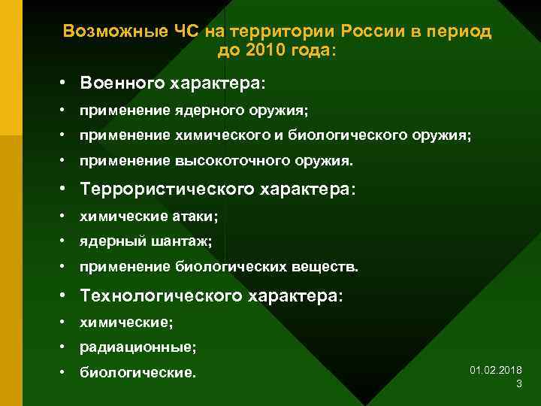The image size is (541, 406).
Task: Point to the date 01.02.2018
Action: point(496,371)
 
